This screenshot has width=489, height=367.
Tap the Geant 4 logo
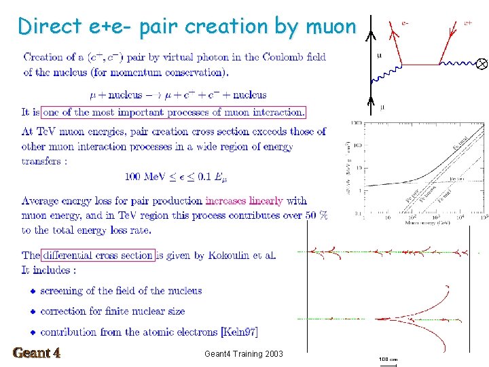[x=37, y=353]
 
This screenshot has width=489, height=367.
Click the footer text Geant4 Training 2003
[x=243, y=353]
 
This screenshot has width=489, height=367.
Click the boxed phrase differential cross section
[x=98, y=256]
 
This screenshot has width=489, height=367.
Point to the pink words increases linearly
[x=244, y=200]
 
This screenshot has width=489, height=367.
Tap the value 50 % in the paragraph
[x=316, y=215]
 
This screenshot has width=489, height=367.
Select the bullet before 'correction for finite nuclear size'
[x=32, y=311]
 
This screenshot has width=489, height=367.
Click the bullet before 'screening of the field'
[x=32, y=291]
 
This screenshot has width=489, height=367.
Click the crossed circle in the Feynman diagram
[x=481, y=64]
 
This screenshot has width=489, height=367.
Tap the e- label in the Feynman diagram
[x=405, y=22]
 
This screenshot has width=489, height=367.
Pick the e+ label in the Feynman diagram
[x=468, y=22]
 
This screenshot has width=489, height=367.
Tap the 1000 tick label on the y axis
[x=355, y=124]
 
